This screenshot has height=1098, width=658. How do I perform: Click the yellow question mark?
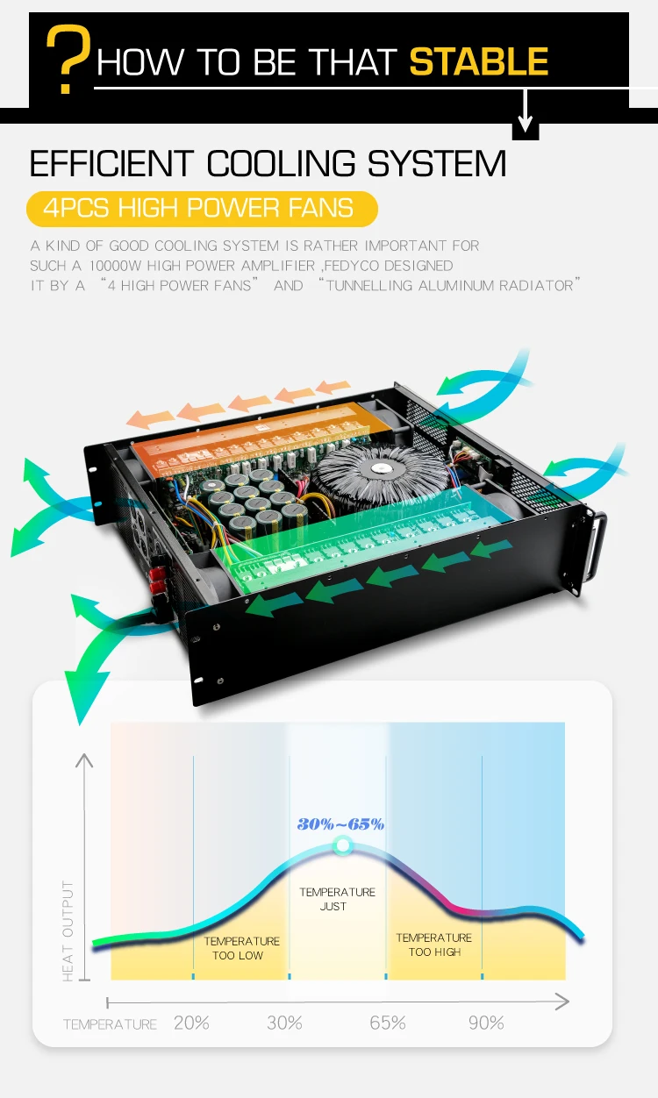click(x=67, y=60)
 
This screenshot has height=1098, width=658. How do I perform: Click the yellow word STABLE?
click(x=479, y=62)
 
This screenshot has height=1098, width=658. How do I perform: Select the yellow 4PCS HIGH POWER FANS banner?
click(x=202, y=209)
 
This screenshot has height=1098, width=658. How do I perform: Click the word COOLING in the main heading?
click(x=282, y=164)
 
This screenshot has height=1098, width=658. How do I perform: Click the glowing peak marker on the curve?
click(x=342, y=846)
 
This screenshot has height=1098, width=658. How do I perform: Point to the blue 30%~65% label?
click(x=340, y=823)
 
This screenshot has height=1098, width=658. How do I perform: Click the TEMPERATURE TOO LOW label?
click(x=241, y=948)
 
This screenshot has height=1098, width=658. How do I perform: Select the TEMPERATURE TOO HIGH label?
click(x=433, y=945)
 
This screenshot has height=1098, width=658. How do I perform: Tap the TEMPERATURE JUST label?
click(x=337, y=899)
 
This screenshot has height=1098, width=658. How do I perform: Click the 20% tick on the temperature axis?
click(x=192, y=1023)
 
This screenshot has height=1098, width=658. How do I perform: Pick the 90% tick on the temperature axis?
click(x=485, y=1023)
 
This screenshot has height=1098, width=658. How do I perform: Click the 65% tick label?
click(x=387, y=1023)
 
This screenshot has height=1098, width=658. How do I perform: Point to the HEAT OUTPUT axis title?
click(x=69, y=930)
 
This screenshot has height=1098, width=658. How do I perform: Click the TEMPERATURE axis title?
click(x=110, y=1023)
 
